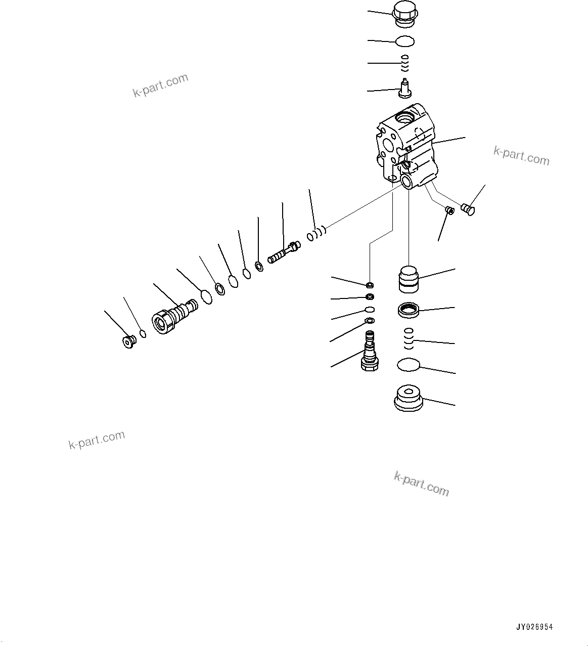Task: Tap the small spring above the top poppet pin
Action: point(404,64)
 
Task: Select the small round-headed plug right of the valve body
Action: point(469,208)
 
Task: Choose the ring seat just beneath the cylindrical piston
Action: point(409,310)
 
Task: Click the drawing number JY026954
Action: point(534,627)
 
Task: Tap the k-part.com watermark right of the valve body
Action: point(521,156)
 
